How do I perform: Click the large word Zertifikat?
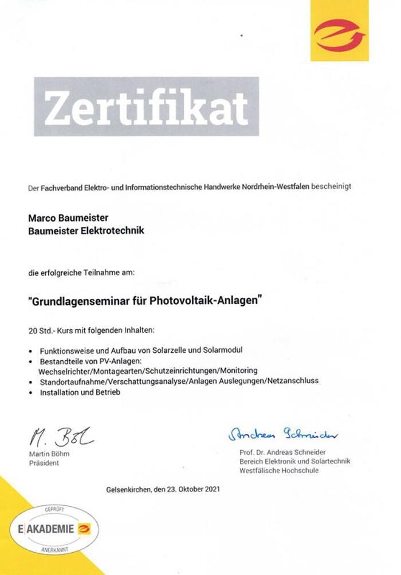[x=146, y=107]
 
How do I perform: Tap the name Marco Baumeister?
[x=68, y=218]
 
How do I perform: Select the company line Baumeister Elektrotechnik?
[x=86, y=231]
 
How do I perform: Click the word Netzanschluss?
[x=293, y=380]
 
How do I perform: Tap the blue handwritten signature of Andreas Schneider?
[x=284, y=435]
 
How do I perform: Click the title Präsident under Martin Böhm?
[x=44, y=463]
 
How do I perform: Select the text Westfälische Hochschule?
[x=279, y=470]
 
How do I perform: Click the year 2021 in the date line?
[x=211, y=490]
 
